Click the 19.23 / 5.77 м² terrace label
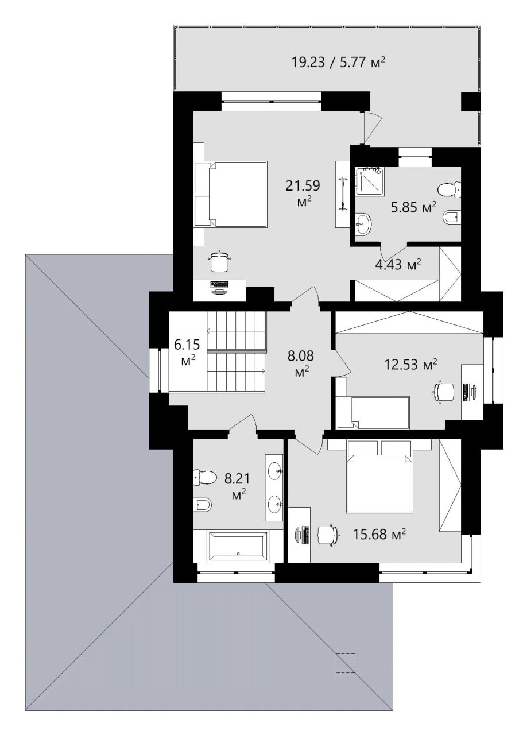tap(338, 61)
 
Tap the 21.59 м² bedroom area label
tap(303, 194)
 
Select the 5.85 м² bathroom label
tap(414, 207)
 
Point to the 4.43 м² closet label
tap(398, 264)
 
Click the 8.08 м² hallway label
tap(301, 363)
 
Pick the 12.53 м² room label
tap(411, 364)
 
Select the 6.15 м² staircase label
tap(187, 353)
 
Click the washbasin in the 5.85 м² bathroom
tap(363, 223)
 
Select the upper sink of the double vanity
tap(274, 471)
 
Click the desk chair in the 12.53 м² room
tap(444, 391)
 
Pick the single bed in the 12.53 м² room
tap(373, 412)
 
